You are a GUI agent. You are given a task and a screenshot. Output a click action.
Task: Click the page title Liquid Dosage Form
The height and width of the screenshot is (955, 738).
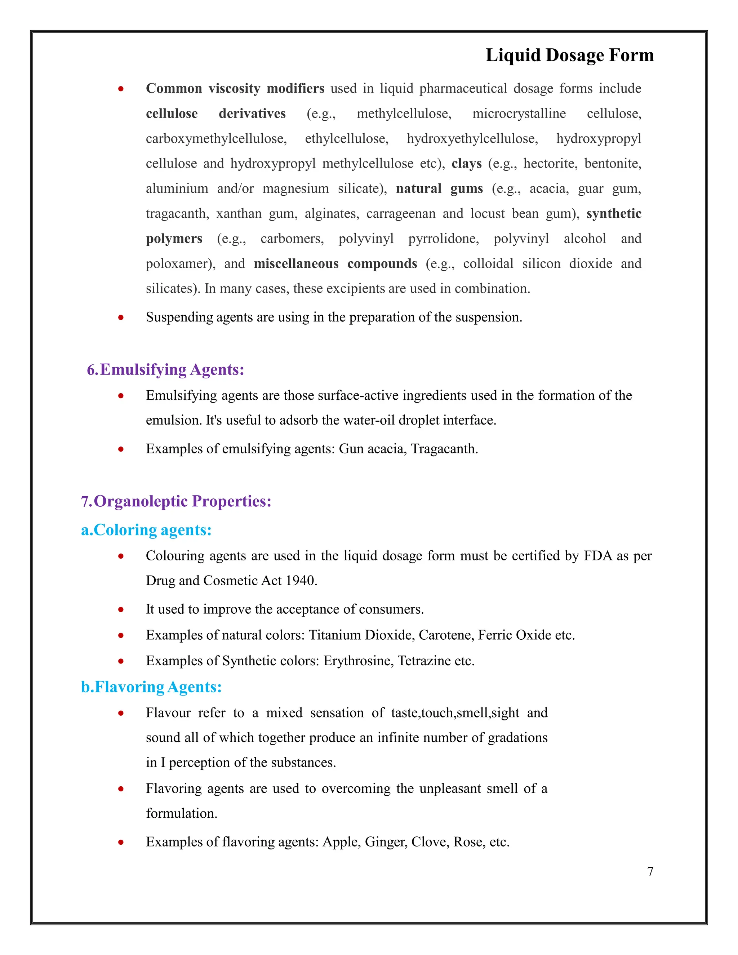pyautogui.click(x=569, y=55)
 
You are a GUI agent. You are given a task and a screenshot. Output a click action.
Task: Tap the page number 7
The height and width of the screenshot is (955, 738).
pyautogui.click(x=650, y=871)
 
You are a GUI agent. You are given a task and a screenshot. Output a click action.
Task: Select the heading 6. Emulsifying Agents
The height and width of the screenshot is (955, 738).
pyautogui.click(x=165, y=369)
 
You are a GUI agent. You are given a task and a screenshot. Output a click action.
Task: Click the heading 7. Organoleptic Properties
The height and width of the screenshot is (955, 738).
pyautogui.click(x=176, y=501)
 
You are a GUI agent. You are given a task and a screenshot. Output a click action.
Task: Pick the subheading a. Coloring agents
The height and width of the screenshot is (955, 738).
pyautogui.click(x=146, y=530)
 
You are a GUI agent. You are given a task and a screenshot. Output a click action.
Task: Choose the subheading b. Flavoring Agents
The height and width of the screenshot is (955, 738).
pyautogui.click(x=151, y=687)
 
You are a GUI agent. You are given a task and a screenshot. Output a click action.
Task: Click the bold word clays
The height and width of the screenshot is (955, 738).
pyautogui.click(x=467, y=164)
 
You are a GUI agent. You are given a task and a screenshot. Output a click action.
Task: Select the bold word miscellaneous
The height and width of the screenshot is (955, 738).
pyautogui.click(x=296, y=264)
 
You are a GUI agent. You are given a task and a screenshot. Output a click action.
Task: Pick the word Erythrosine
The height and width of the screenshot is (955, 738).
pyautogui.click(x=359, y=661)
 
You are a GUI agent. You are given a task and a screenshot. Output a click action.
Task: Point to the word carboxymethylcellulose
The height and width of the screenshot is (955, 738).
pyautogui.click(x=216, y=139)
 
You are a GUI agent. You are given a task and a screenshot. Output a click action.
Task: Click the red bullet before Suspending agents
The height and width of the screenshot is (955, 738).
pyautogui.click(x=121, y=317)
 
